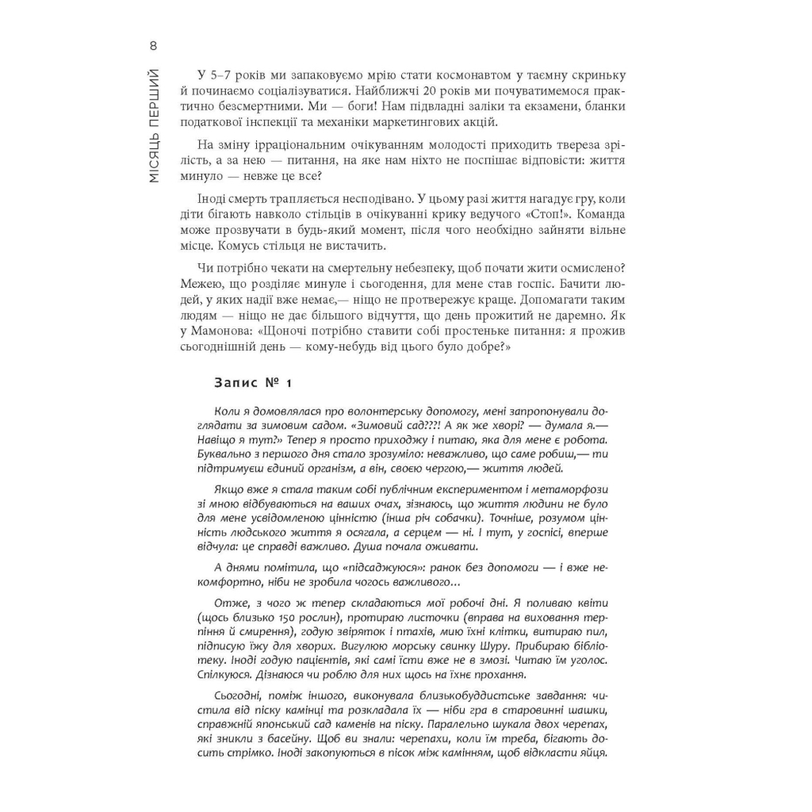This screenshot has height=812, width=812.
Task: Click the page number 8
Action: (x=153, y=45)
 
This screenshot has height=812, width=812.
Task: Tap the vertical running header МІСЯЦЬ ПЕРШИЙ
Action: (x=154, y=125)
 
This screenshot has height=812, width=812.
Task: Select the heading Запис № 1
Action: (x=253, y=383)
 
